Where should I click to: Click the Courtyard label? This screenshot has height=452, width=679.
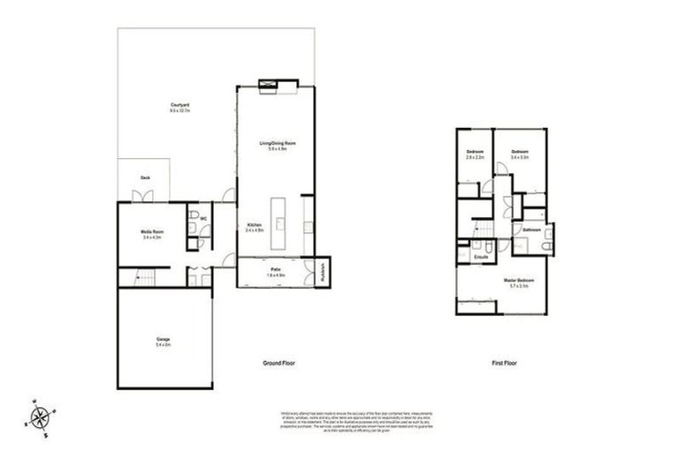pyautogui.click(x=180, y=107)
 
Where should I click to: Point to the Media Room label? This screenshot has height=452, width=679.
pyautogui.click(x=153, y=233)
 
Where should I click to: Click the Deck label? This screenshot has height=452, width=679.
pyautogui.click(x=145, y=177)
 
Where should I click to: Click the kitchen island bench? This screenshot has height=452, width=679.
pyautogui.click(x=280, y=224)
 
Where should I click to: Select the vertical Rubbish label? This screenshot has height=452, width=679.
pyautogui.click(x=324, y=271)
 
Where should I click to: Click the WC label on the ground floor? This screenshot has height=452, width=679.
pyautogui.click(x=202, y=217)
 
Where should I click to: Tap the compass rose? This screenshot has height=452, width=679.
pyautogui.click(x=39, y=416)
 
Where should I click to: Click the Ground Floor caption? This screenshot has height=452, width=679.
pyautogui.click(x=278, y=364)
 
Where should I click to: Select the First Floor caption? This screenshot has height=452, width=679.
pyautogui.click(x=504, y=364)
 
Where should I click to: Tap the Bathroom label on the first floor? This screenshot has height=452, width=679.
pyautogui.click(x=531, y=230)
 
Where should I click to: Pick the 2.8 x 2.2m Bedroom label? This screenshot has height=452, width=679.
pyautogui.click(x=475, y=154)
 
